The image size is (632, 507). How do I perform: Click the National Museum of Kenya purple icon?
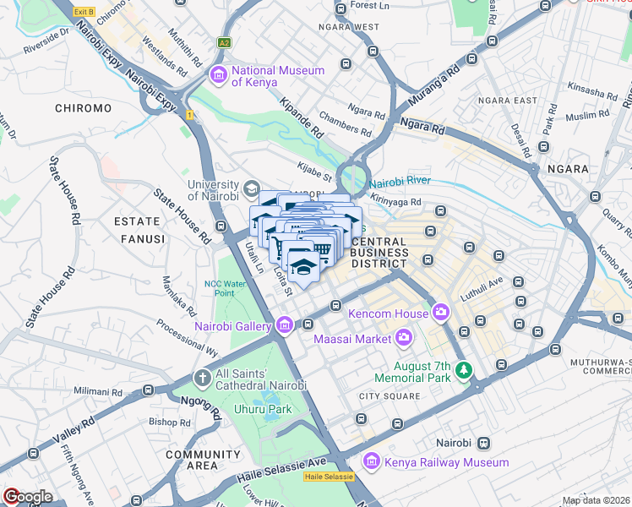point(219,76)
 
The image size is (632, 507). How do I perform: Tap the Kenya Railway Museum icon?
point(371,462)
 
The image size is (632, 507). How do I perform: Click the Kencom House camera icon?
point(440,314)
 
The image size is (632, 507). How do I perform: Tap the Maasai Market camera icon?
point(404,339)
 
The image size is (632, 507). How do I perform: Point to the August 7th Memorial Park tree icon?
point(463,369)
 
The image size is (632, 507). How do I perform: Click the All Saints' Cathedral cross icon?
point(202,378)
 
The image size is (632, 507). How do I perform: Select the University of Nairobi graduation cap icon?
point(252,187)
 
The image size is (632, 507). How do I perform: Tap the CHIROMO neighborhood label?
point(83,108)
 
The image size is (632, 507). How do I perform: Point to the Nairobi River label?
point(399,181)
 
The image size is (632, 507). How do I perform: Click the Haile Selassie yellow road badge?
point(325,477)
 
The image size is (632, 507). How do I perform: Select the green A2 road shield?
point(224,41)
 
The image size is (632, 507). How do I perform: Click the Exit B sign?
point(84,12)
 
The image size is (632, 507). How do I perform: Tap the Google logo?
point(28,497)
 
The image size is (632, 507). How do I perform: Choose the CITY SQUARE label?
point(390,396)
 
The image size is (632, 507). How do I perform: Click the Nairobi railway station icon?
point(483,443)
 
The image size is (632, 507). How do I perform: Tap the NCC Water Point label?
point(224,288)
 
